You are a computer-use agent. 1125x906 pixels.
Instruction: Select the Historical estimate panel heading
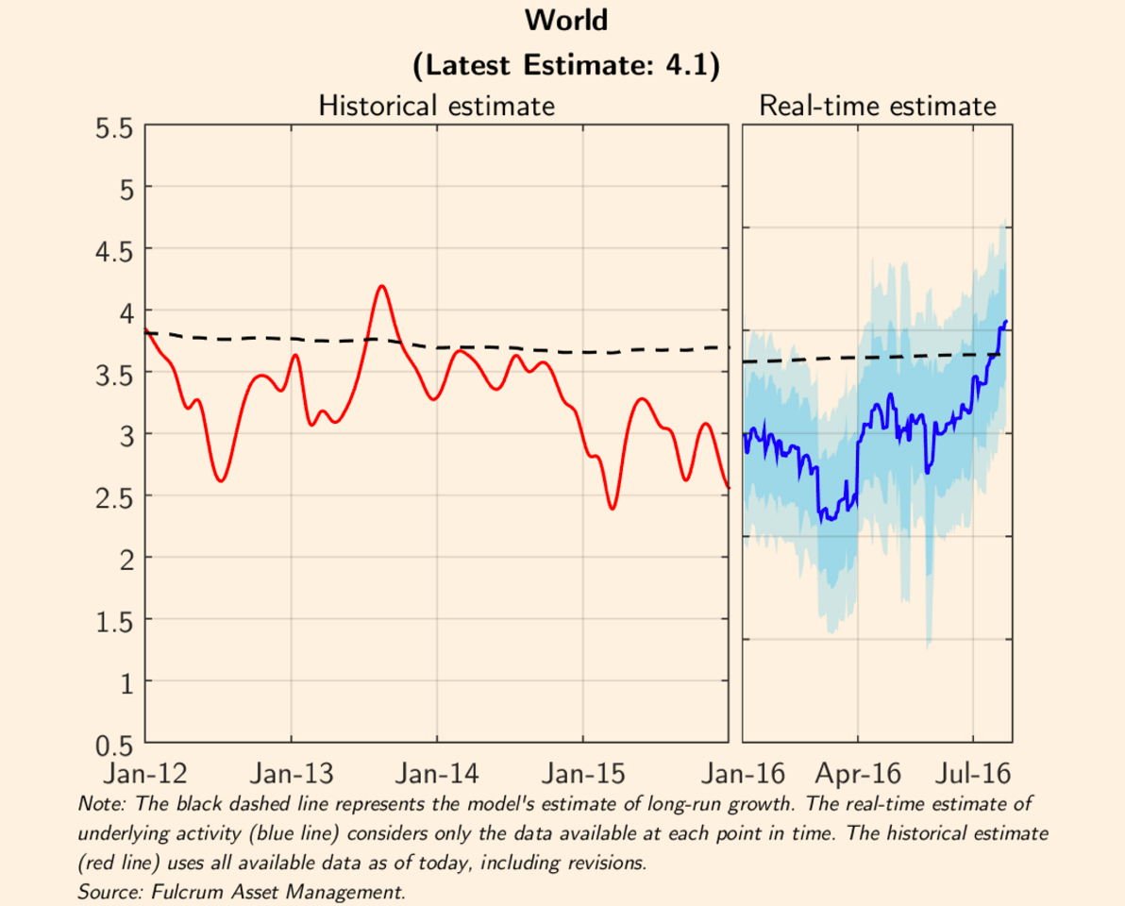pos(436,105)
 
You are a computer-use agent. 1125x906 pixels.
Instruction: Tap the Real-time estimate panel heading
pos(877,105)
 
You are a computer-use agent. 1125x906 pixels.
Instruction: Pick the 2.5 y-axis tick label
pos(113,496)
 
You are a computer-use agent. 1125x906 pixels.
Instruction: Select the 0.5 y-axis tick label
pos(113,745)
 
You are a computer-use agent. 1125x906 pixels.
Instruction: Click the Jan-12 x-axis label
pos(144,775)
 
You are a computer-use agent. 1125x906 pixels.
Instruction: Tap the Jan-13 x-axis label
pos(291,775)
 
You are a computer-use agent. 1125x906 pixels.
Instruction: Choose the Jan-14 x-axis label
pos(436,775)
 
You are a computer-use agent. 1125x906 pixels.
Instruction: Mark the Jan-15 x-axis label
pos(582,775)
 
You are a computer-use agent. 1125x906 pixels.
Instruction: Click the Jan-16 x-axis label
pos(742,775)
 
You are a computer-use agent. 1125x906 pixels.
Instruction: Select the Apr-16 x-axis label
pos(858,775)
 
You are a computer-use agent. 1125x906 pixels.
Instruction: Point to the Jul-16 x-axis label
pos(972,775)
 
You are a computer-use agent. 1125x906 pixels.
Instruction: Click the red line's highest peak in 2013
pos(381,286)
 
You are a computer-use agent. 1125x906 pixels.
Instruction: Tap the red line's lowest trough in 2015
pos(613,509)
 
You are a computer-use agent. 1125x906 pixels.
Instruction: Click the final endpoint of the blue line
pos(1007,321)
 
